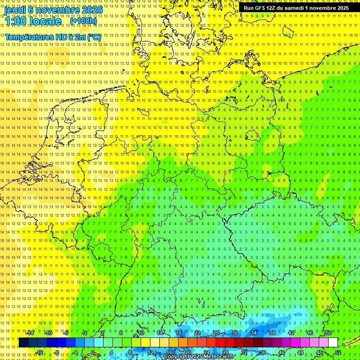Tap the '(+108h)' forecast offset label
[83, 21]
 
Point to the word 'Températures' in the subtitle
[28, 37]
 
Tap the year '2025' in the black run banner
[339, 8]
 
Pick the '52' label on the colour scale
[337, 352]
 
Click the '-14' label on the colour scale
[30, 333]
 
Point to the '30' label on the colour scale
[234, 333]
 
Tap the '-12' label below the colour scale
[39, 352]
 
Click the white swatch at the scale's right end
[333, 343]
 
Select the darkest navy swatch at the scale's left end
[23, 343]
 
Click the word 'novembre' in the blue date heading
[57, 9]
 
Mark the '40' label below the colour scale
[281, 352]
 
